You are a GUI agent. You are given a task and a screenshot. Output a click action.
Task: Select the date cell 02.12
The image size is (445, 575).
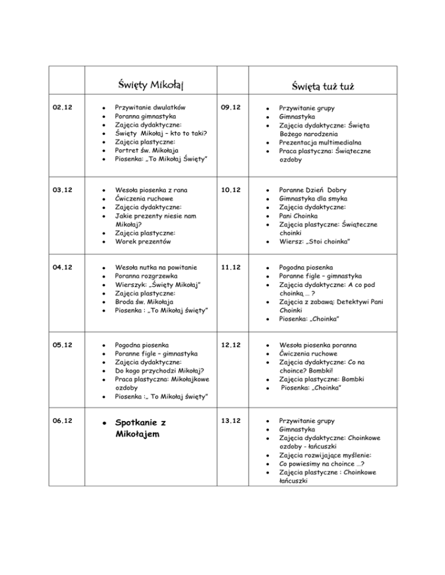60,107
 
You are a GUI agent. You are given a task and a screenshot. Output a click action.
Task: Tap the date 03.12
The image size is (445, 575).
60,190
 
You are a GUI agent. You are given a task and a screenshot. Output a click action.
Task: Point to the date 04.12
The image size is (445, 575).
60,267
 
